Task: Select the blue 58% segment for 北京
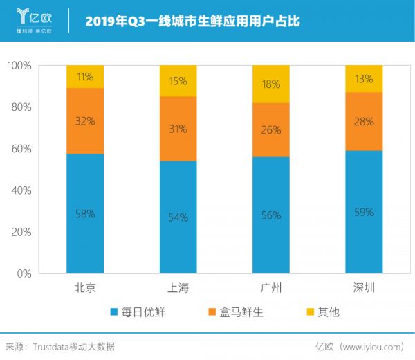(x=85, y=213)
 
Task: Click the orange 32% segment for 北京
(x=85, y=120)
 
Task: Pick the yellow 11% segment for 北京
(x=85, y=77)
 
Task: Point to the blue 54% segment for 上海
(x=178, y=217)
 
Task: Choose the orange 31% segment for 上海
(x=178, y=129)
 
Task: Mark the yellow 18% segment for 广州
(x=270, y=84)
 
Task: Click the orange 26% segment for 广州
(x=270, y=129)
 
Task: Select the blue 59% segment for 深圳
(x=364, y=212)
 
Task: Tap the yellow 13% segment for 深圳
(x=364, y=79)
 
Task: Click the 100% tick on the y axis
(x=20, y=66)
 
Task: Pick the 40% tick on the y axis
(x=22, y=190)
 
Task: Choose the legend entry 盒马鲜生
(x=234, y=312)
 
